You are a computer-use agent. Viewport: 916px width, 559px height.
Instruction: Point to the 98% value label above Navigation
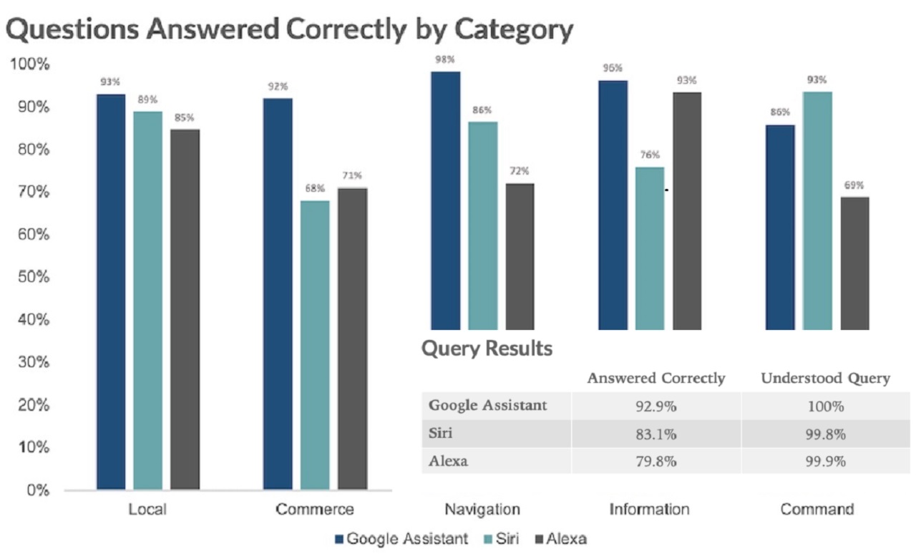[444, 59]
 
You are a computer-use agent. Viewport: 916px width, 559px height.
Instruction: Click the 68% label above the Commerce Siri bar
[315, 189]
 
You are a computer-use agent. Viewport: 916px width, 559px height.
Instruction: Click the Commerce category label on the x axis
[315, 510]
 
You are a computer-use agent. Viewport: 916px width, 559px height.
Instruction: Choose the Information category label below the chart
[649, 510]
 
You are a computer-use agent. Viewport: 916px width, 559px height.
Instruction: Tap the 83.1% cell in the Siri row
[656, 434]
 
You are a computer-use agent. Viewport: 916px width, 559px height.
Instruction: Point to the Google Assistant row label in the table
[488, 406]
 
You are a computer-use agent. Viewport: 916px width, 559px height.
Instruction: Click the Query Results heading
[487, 349]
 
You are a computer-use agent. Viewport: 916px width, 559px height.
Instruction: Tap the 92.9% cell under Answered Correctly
[656, 407]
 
